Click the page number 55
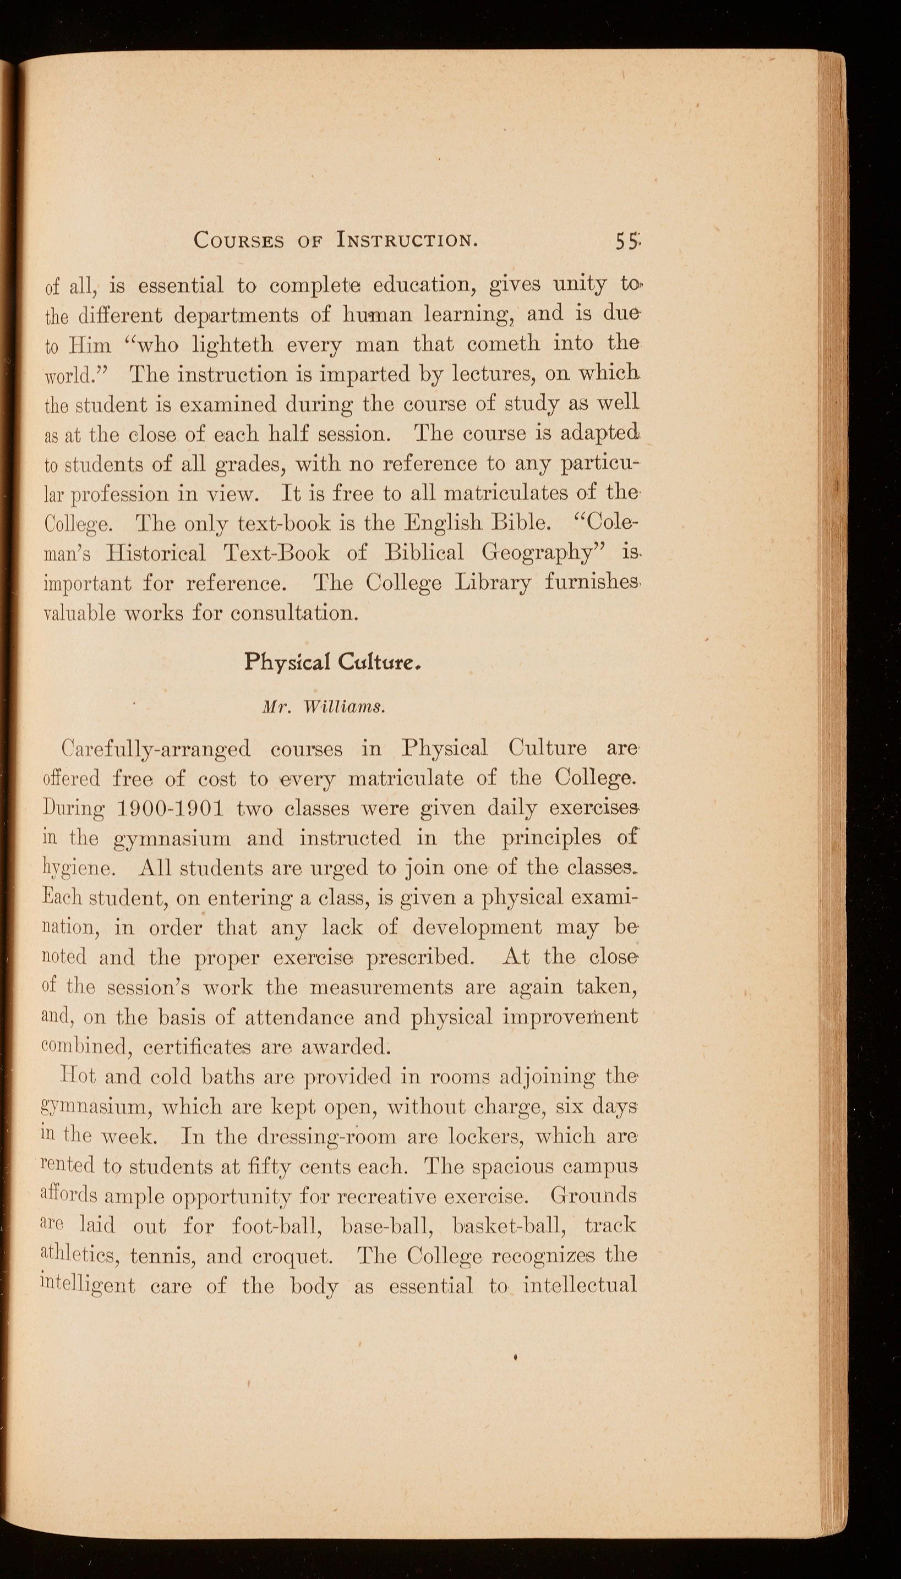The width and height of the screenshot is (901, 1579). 627,240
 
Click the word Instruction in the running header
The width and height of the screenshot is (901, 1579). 407,240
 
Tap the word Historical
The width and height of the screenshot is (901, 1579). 156,552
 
